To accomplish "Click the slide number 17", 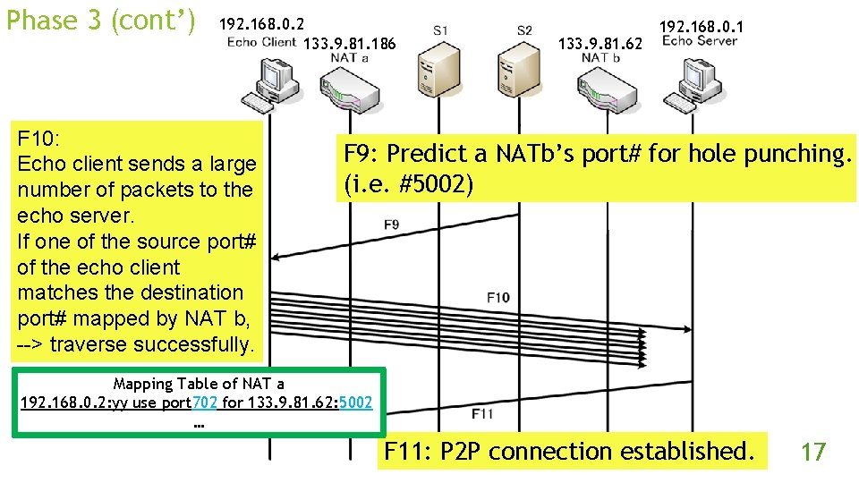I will click(x=812, y=452).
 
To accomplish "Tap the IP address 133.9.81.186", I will click(x=350, y=43).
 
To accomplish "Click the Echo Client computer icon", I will click(x=261, y=84).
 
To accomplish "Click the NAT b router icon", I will click(x=601, y=88).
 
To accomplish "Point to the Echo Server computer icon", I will click(x=690, y=84).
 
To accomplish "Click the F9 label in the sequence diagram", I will click(x=391, y=225).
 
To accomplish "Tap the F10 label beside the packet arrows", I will click(x=498, y=297).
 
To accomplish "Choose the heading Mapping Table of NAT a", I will click(x=199, y=384).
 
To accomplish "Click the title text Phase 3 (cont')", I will click(x=101, y=20).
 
